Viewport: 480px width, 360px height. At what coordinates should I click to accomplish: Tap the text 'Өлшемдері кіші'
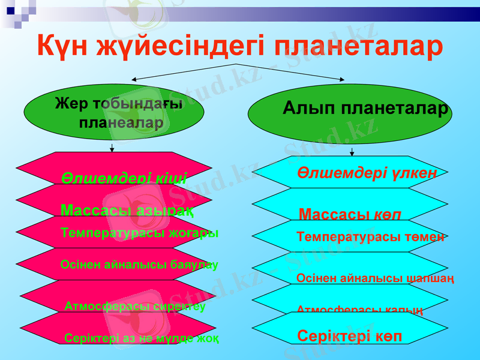[124, 178]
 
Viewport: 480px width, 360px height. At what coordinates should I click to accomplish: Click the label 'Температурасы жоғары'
[139, 233]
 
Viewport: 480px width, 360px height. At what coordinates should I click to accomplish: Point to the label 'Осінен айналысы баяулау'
[139, 265]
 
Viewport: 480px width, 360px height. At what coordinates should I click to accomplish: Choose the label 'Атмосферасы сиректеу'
[135, 307]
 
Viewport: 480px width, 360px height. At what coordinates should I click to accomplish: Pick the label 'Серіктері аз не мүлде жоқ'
[141, 338]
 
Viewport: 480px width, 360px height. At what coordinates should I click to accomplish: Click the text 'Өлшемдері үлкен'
[366, 173]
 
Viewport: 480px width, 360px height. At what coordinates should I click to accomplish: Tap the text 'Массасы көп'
[350, 214]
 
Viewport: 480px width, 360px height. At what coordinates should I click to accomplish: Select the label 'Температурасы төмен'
[370, 237]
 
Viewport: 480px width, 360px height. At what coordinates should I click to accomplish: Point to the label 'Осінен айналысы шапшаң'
[374, 278]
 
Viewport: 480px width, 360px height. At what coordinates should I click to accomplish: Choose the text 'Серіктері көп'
[349, 335]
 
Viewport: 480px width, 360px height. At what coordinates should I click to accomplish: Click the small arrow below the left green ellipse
[112, 148]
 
